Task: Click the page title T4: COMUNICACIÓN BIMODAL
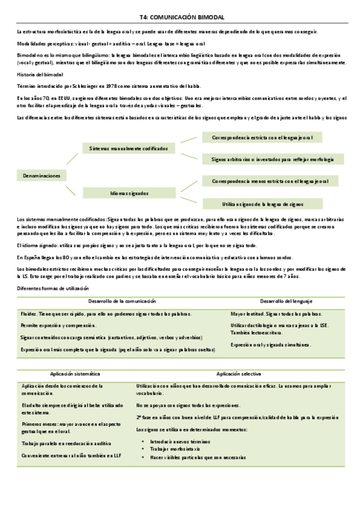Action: coord(181,18)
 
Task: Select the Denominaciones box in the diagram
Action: coord(41,176)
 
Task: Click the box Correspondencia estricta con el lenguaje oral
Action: coord(262,138)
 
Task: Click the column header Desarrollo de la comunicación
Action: coord(122,301)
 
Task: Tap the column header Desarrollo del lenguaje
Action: coord(286,301)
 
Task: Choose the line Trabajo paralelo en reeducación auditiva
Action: coord(65,443)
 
